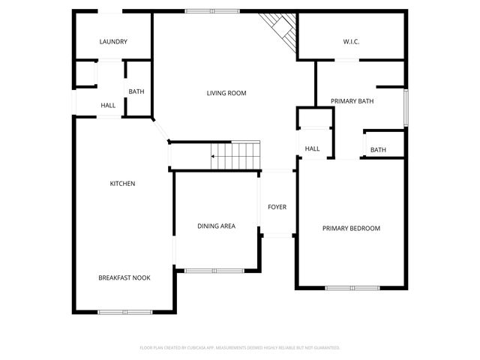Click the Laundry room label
113,42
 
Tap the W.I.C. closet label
351,42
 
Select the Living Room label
226,93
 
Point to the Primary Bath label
352,100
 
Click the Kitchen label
122,184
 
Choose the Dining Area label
217,226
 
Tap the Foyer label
277,207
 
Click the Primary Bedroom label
351,229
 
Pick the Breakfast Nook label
124,277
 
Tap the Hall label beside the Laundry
108,106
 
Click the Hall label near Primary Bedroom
312,148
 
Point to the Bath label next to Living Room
136,92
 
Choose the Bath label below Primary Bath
378,150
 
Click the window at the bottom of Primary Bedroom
352,288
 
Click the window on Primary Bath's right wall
406,108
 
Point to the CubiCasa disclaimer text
240,348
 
